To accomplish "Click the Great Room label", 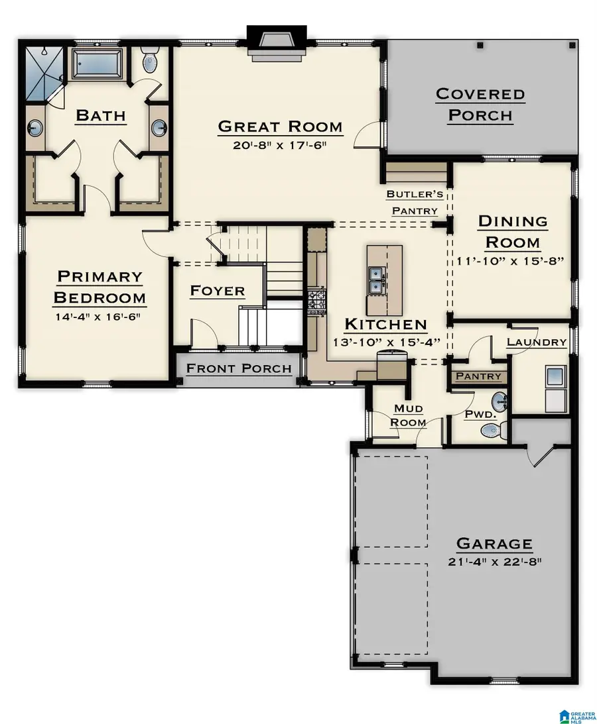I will (x=280, y=126).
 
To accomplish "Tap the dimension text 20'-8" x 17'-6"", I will (x=280, y=145).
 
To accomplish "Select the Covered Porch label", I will (x=480, y=104).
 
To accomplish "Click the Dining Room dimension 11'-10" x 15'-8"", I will (x=510, y=260).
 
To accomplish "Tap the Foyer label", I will (x=217, y=291).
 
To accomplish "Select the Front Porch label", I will (x=239, y=368).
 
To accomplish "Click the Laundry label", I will (x=536, y=342).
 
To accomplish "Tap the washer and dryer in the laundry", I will (x=555, y=388).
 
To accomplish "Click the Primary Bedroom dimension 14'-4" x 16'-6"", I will (x=99, y=317).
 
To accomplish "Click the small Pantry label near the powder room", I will (x=478, y=376).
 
